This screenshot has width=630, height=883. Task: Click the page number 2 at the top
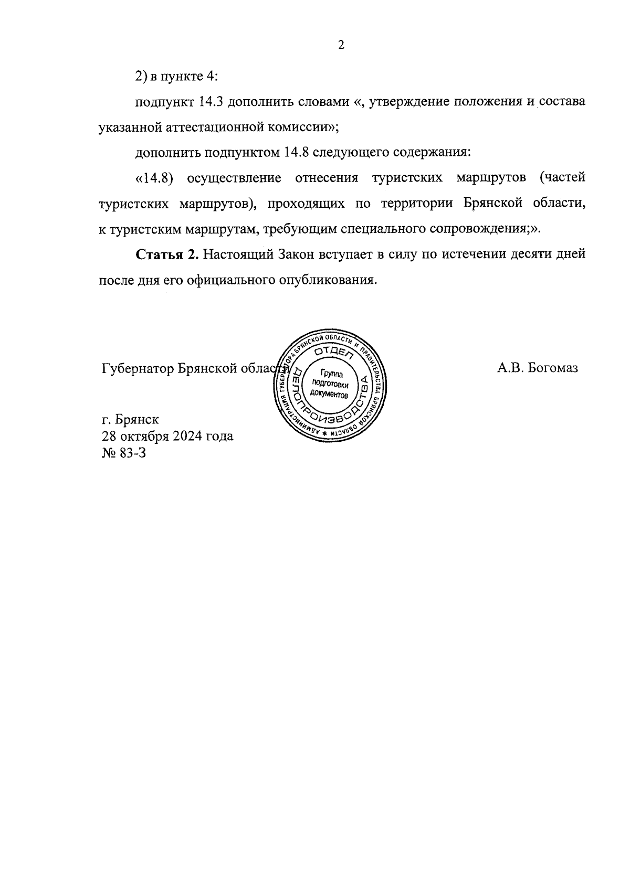coord(341,45)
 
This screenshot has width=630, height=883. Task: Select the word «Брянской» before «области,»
coord(493,204)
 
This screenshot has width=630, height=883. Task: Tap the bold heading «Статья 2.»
coord(166,255)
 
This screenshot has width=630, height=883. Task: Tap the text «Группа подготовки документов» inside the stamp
coord(329,384)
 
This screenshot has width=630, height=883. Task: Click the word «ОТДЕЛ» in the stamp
coord(332,352)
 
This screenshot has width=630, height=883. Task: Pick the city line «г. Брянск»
coord(130,420)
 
